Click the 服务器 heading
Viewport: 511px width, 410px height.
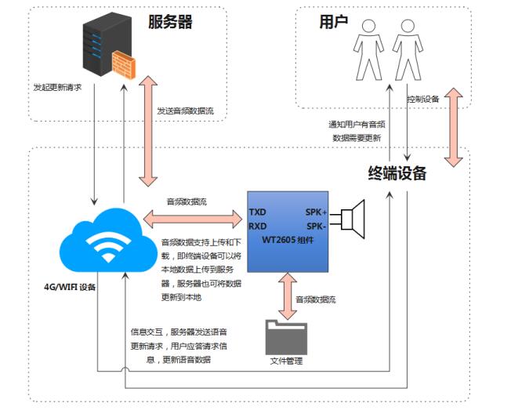tap(170, 22)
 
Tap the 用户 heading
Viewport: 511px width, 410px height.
tap(333, 22)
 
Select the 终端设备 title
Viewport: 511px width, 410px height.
tap(397, 173)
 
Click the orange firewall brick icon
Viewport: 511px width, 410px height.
tap(124, 64)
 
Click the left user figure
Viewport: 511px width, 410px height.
tap(368, 50)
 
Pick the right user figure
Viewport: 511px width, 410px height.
tap(408, 50)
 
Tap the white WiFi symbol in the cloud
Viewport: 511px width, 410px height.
tap(108, 247)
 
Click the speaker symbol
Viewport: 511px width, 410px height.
tap(353, 220)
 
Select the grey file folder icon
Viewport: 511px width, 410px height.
tap(287, 338)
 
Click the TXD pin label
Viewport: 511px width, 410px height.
tap(258, 212)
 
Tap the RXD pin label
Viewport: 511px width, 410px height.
tap(258, 227)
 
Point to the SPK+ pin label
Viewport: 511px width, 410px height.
tap(316, 212)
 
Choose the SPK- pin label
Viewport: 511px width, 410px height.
tap(317, 227)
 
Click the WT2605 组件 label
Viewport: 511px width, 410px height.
tap(288, 240)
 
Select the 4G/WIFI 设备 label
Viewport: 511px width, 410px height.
tap(70, 287)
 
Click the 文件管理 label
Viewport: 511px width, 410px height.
tap(287, 361)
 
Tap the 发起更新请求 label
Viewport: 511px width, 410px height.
tap(57, 87)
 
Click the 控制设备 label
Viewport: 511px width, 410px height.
tap(423, 99)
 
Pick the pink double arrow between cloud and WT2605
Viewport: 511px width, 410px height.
tap(193, 219)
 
